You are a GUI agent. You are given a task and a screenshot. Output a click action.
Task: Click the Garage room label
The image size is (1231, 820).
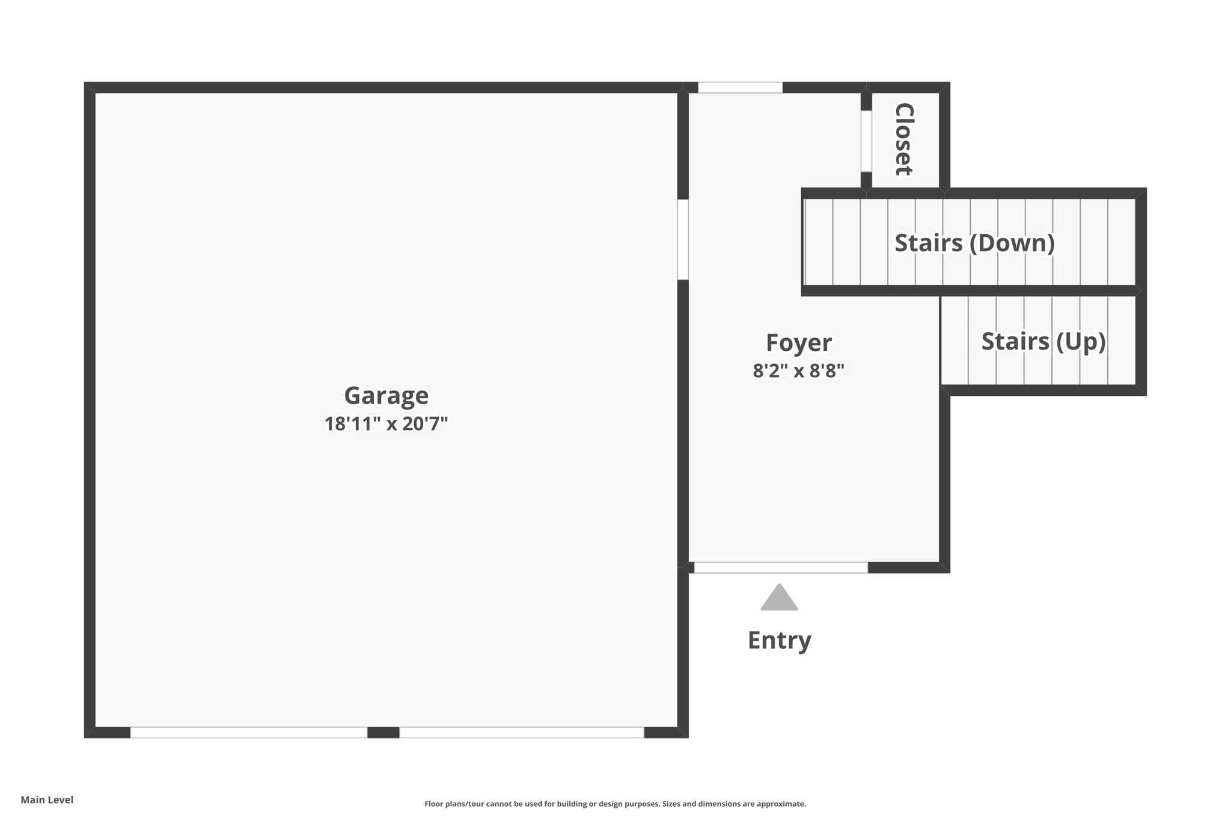click(386, 396)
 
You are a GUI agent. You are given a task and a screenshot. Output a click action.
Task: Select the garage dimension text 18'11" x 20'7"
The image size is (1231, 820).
click(386, 424)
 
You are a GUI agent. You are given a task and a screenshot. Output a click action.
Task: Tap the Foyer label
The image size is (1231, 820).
click(798, 343)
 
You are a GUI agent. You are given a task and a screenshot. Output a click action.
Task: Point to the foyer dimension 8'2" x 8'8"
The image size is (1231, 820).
click(798, 371)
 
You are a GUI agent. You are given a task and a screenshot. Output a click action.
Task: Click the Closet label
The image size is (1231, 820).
click(904, 139)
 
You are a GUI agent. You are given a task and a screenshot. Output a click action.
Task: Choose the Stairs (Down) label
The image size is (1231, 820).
click(974, 243)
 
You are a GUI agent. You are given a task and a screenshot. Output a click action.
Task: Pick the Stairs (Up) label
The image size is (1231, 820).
click(1043, 341)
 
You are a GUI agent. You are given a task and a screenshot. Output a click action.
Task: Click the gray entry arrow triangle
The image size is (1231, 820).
click(779, 599)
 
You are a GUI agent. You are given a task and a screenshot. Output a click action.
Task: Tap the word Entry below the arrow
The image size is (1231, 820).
click(779, 640)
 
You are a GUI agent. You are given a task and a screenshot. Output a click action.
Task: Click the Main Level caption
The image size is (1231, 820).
click(47, 800)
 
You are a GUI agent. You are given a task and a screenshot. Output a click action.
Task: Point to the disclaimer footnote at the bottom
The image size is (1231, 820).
click(615, 804)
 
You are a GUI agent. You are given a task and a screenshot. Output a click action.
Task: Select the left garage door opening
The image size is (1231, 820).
click(248, 732)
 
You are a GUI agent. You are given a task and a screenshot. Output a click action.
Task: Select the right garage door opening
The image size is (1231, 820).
click(521, 732)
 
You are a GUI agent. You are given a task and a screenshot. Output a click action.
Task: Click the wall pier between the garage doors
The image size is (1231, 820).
click(383, 732)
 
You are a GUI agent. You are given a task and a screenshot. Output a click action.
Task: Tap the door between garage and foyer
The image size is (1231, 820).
click(683, 240)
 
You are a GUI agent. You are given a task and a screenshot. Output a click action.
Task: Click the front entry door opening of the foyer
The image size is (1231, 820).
click(780, 567)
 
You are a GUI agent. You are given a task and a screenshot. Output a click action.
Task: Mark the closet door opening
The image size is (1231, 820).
click(866, 141)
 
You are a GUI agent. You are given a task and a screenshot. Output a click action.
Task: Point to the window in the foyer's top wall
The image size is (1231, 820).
click(740, 88)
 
